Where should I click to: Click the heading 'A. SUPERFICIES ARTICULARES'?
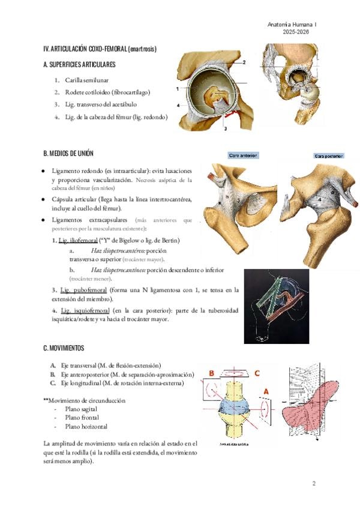click(x=79, y=64)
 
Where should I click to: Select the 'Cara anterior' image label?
click(x=243, y=155)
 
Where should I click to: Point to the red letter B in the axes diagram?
click(x=211, y=373)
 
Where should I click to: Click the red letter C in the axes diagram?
click(x=257, y=373)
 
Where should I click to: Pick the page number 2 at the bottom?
click(x=313, y=483)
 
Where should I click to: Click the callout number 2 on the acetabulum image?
click(x=244, y=62)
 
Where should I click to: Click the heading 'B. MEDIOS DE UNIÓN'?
click(x=68, y=154)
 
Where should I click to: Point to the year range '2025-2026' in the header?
click(x=295, y=31)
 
